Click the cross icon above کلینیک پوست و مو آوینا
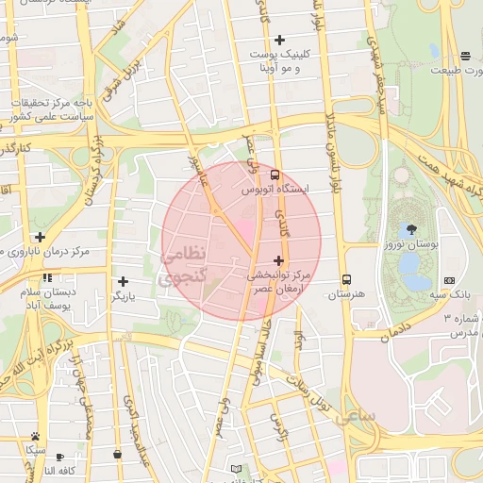[279, 40]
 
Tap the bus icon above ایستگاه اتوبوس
[275, 175]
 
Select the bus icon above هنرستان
[346, 279]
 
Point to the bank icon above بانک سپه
[448, 279]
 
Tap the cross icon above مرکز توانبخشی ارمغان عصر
[278, 260]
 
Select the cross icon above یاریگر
[123, 281]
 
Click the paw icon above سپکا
[35, 436]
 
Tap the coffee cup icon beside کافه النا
[60, 456]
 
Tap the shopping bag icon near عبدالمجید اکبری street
[117, 454]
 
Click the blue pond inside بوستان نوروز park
[412, 270]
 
